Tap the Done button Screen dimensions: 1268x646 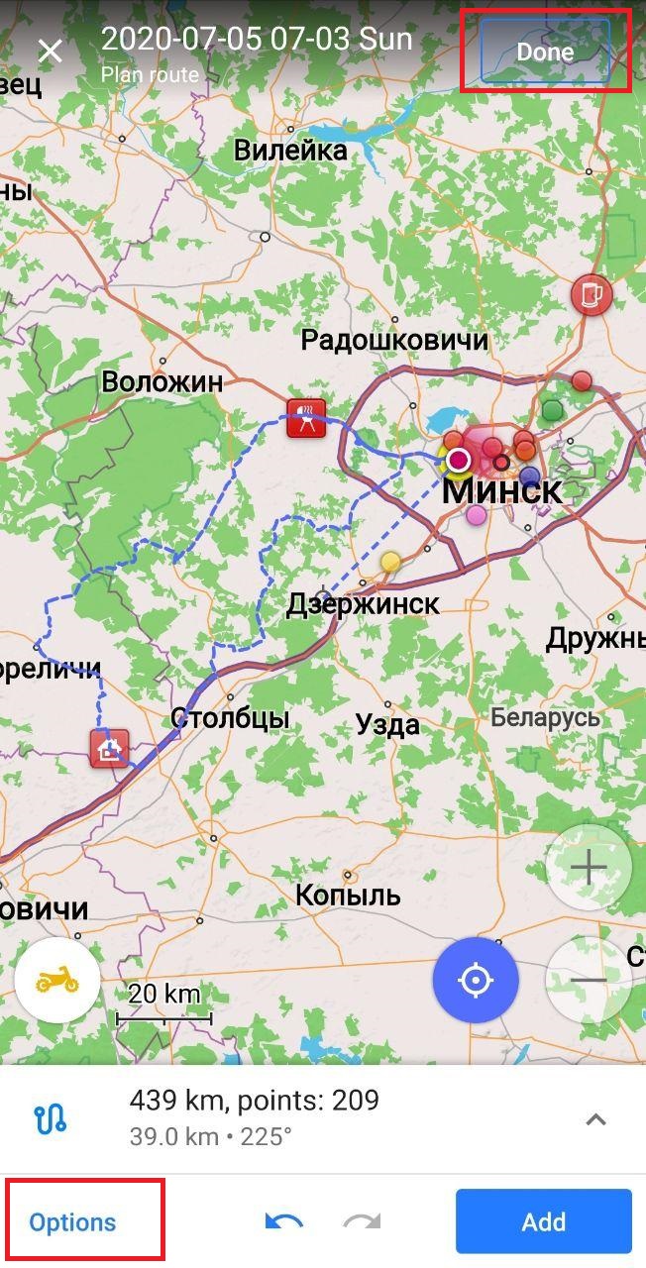click(x=545, y=52)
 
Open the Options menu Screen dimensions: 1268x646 click(x=72, y=1222)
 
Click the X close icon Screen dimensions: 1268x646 click(x=50, y=52)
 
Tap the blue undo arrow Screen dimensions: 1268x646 click(x=283, y=1222)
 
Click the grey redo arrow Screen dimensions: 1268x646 click(x=362, y=1222)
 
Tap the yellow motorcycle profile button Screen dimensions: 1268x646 click(x=57, y=980)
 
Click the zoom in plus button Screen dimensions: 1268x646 click(x=589, y=868)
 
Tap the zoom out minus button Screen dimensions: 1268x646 click(x=589, y=980)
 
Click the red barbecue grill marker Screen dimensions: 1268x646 click(x=306, y=418)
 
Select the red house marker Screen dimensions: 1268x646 click(x=109, y=748)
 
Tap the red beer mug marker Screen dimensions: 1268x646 click(x=592, y=294)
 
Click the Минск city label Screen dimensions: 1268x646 click(x=501, y=490)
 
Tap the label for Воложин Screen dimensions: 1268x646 click(x=162, y=381)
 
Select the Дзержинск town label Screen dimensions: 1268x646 click(x=363, y=604)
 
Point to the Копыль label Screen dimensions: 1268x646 click(x=348, y=895)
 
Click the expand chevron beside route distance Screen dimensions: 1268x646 click(x=594, y=1119)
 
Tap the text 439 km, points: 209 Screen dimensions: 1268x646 click(x=254, y=1100)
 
